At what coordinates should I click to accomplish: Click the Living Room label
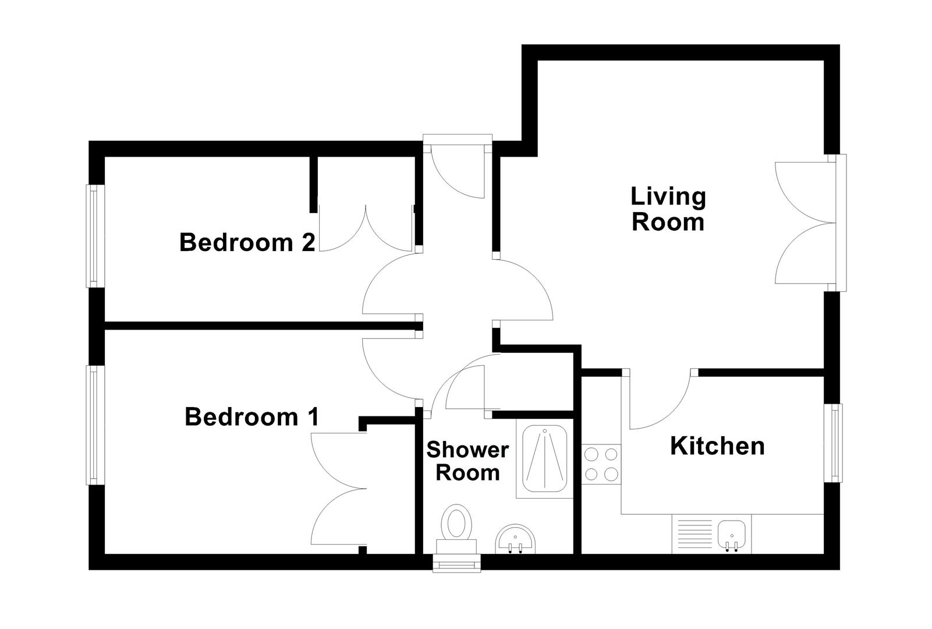tap(668, 210)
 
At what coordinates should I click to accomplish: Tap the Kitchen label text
tap(717, 446)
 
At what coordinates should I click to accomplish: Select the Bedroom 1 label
tap(251, 417)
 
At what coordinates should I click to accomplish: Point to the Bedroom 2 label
tap(247, 242)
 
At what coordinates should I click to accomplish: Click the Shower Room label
tap(467, 461)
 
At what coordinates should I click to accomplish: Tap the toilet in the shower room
tap(456, 527)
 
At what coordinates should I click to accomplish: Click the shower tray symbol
tap(544, 460)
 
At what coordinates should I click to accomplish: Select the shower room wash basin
tap(515, 539)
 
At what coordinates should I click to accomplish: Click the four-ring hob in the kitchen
tap(601, 464)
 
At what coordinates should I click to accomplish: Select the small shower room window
tap(458, 564)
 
